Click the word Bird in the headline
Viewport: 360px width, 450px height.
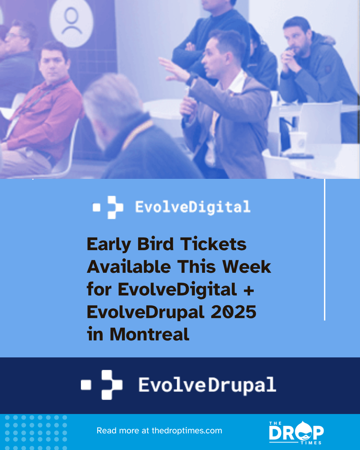155,244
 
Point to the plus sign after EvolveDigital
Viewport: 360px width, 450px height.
248,290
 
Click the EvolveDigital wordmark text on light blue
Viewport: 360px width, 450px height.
192,207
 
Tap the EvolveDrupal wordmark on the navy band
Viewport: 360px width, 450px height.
207,385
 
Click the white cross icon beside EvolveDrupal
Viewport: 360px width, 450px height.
111,385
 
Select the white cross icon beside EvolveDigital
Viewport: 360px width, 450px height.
115,207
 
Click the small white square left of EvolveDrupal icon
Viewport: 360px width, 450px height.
86,385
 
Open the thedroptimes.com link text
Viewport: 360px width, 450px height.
186,430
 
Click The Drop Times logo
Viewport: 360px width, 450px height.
296,433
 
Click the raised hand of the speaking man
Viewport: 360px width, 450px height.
173,68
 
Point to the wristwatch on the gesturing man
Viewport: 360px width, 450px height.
192,80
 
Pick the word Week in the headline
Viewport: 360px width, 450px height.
246,267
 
